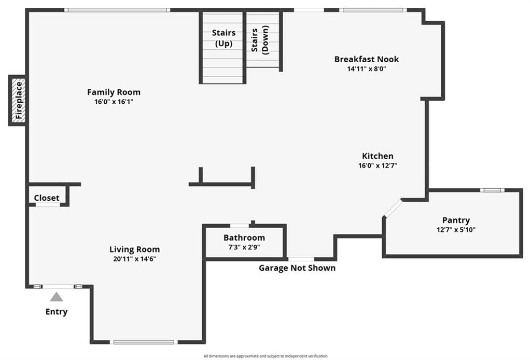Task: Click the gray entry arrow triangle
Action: [56, 297]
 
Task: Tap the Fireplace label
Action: [19, 100]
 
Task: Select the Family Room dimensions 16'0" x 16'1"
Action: [114, 102]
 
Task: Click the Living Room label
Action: [134, 250]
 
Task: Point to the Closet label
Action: [46, 198]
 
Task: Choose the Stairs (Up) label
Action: [223, 38]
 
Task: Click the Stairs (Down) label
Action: [260, 39]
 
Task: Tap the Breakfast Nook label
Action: [367, 59]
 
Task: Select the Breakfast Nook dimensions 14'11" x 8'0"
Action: [367, 69]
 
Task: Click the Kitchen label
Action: [378, 156]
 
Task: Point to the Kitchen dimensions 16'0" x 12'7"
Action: [378, 165]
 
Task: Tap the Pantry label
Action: [456, 220]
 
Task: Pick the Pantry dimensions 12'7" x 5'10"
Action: [456, 230]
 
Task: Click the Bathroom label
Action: [244, 238]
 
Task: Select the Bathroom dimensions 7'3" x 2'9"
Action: [244, 247]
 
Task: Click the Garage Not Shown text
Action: [297, 268]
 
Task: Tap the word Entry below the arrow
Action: [56, 312]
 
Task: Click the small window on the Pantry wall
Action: [492, 190]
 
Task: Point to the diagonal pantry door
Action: [393, 207]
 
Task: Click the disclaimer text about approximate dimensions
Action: [265, 356]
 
